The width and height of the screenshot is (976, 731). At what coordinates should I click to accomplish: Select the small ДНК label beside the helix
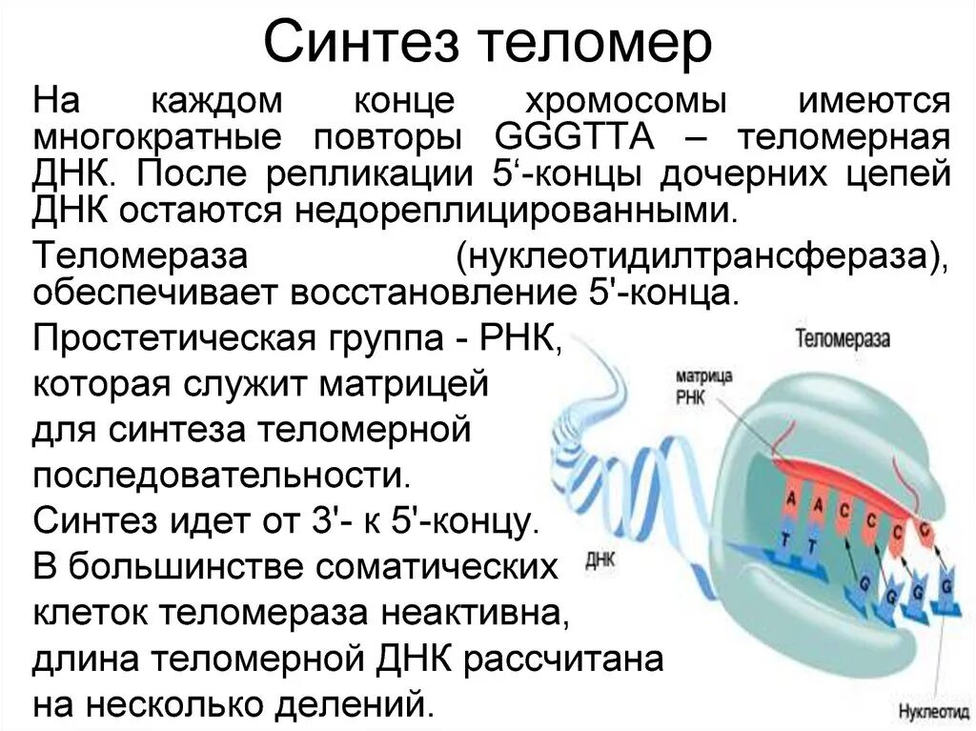[x=600, y=560]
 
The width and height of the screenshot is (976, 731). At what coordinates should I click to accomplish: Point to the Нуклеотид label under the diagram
[x=931, y=711]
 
